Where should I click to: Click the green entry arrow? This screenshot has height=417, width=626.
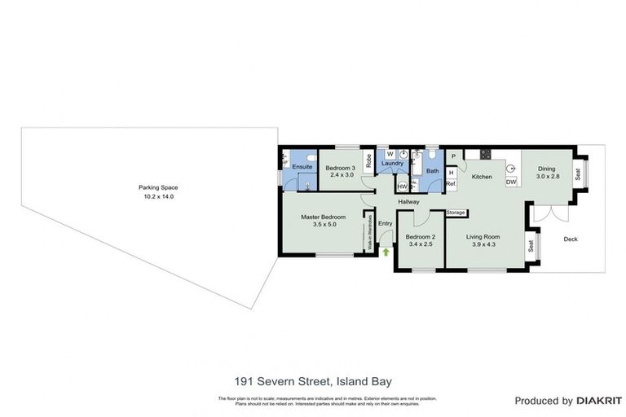(x=386, y=252)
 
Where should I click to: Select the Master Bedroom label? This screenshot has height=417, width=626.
(x=323, y=217)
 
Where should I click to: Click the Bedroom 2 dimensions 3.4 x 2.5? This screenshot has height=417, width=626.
(x=419, y=244)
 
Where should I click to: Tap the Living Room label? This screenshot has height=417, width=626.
(x=483, y=236)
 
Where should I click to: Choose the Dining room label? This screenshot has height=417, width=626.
(x=545, y=169)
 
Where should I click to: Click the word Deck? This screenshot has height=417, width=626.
(x=570, y=239)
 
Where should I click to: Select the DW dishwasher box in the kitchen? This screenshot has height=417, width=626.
(x=511, y=182)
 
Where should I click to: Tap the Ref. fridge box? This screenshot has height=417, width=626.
(x=451, y=184)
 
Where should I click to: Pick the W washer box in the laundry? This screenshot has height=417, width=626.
(x=390, y=154)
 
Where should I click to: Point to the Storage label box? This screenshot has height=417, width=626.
(x=456, y=213)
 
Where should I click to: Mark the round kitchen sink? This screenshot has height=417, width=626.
(x=511, y=169)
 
